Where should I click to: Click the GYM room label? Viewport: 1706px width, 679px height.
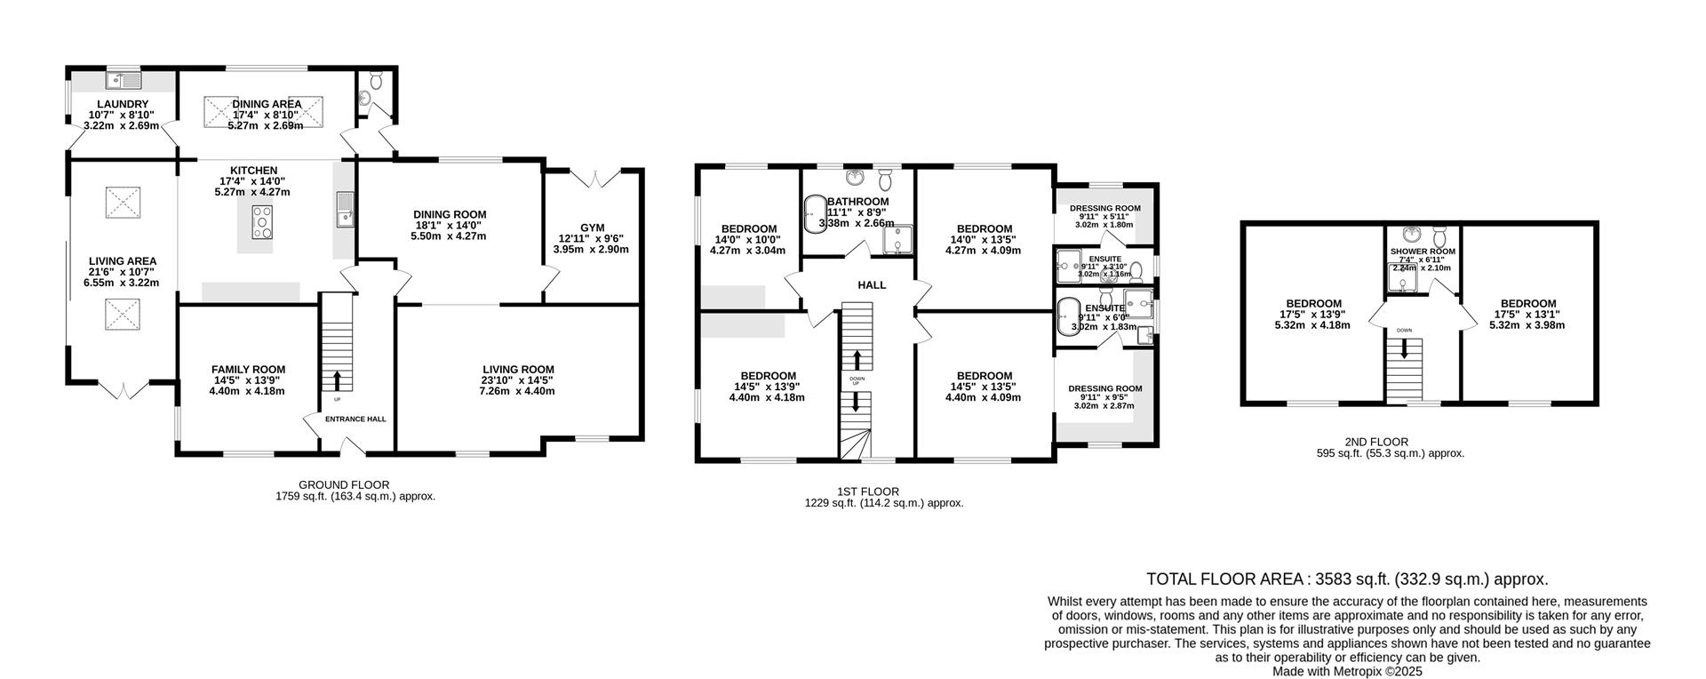pos(591,228)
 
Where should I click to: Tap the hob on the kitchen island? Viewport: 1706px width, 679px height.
pos(263,222)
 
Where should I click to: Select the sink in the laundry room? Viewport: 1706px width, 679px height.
pos(124,81)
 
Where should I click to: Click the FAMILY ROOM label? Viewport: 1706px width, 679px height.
pos(248,370)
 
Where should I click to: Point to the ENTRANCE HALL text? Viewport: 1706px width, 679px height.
pos(355,419)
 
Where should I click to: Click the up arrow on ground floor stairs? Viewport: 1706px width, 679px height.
pos(337,380)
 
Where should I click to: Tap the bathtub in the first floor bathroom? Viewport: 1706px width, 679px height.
pos(812,214)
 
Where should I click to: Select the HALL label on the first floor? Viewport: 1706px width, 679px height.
pos(872,285)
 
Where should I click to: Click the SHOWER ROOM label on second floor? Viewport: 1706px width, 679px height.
pos(1423,252)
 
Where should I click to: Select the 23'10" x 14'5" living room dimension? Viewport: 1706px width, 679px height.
pos(518,380)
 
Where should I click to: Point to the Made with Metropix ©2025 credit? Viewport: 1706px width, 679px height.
pos(1347,672)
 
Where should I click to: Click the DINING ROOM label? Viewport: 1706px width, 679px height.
pos(450,214)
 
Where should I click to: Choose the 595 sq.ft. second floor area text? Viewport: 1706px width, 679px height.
pos(1390,453)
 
